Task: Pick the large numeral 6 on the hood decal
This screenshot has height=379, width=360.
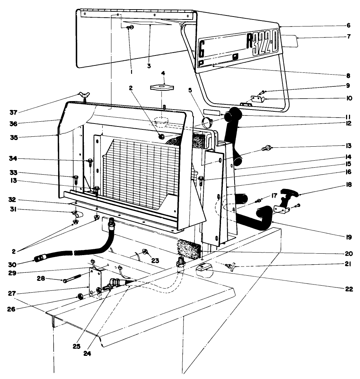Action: (x=202, y=47)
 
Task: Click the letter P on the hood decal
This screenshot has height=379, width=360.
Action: (x=201, y=63)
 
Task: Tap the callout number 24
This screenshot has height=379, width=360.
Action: (x=87, y=355)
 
